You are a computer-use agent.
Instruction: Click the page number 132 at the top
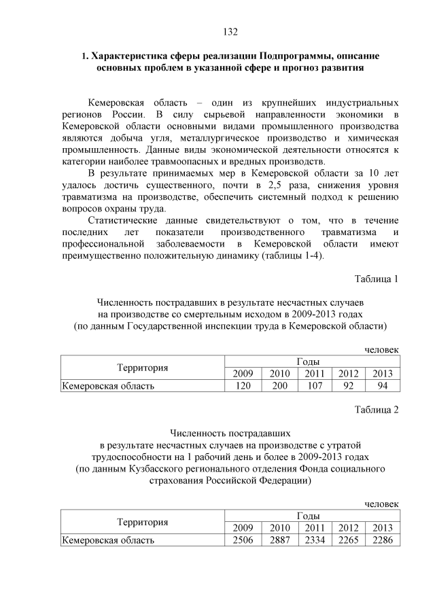click(230, 31)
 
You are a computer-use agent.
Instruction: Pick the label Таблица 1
click(377, 279)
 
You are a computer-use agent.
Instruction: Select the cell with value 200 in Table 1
click(279, 386)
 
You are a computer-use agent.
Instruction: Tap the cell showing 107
click(314, 386)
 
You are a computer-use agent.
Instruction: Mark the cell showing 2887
click(279, 540)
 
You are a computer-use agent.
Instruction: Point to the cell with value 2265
click(348, 540)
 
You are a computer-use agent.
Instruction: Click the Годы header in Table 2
click(312, 516)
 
